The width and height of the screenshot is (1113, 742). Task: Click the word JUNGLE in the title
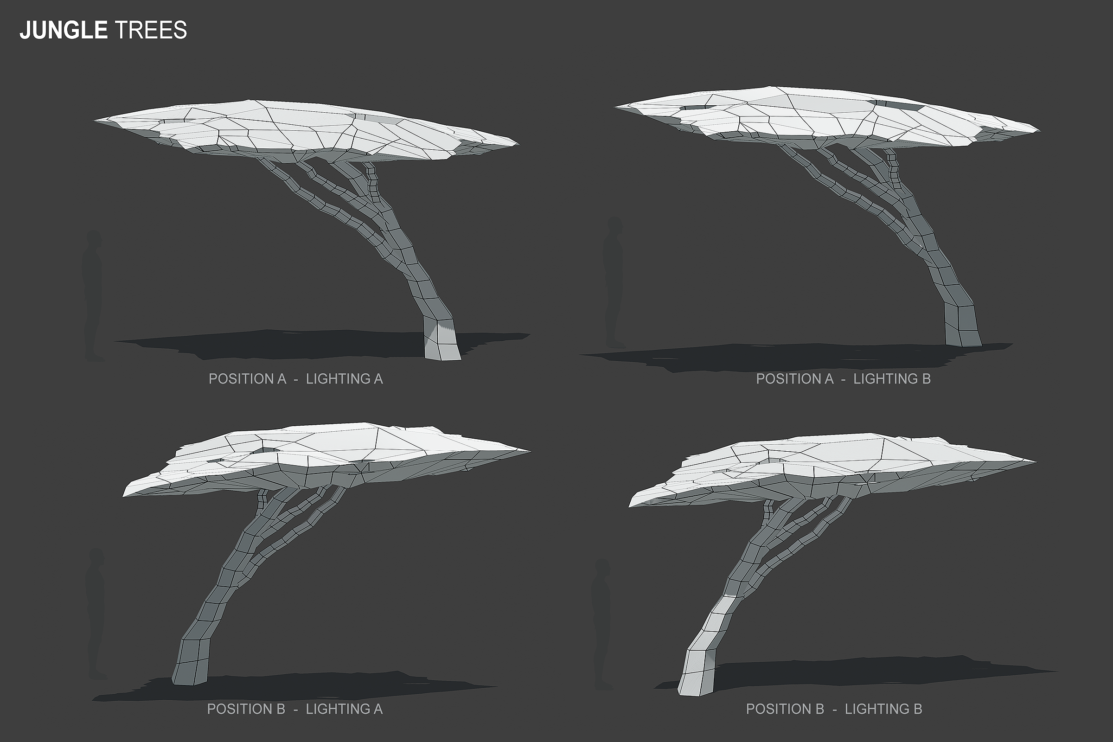(64, 30)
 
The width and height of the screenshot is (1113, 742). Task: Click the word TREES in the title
(150, 30)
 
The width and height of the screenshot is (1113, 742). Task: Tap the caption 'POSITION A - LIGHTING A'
(295, 379)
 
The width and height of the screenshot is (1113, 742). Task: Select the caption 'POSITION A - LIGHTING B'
(843, 379)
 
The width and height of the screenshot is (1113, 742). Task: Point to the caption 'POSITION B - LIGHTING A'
(294, 709)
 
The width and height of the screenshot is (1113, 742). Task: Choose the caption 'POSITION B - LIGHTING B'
(834, 709)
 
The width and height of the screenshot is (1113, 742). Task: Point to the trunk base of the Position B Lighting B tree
(697, 672)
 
